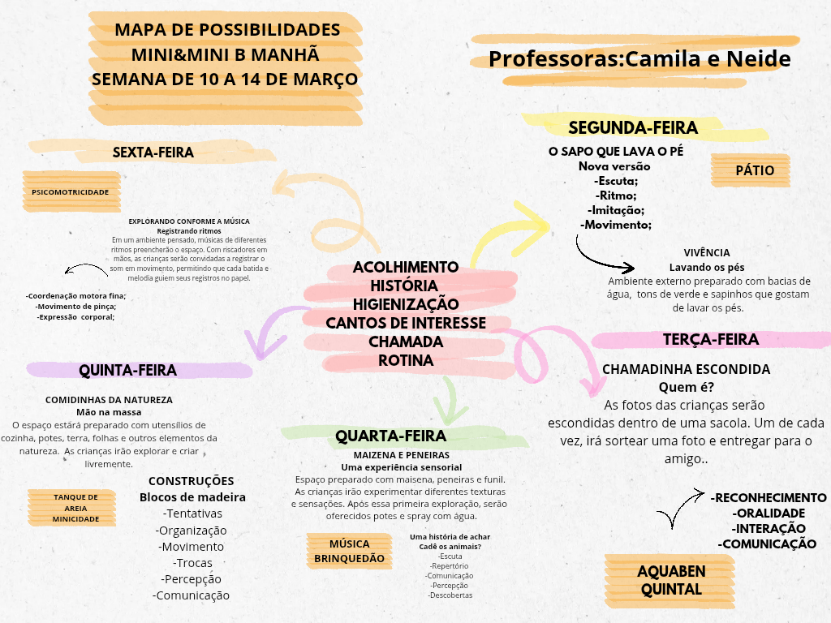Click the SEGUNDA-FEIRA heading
pos(633,127)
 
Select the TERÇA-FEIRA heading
pos(711,340)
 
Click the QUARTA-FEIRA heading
pos(390,436)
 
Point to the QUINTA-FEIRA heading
pos(127,370)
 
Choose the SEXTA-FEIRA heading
pos(153,153)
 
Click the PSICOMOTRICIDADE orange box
pos(71,191)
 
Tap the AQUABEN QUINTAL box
pos(670,581)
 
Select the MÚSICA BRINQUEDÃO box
pos(349,551)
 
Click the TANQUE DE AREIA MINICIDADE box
pos(72,508)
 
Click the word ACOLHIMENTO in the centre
pos(406,267)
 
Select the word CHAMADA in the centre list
pos(406,342)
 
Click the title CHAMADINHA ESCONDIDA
pos(686,369)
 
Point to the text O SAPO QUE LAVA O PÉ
pos(616,152)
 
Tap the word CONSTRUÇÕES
pos(191,481)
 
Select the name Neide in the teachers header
pos(759,58)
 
